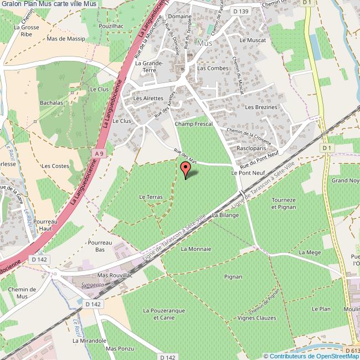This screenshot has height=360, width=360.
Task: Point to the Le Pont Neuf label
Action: [x=245, y=173]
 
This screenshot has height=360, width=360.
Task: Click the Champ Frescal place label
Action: [x=194, y=125]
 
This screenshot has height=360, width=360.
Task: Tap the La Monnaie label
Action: [x=196, y=249]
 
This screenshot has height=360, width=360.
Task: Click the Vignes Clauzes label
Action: [x=256, y=318]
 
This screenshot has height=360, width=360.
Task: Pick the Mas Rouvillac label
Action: [x=115, y=275]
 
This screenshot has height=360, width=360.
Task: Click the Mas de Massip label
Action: [x=66, y=39]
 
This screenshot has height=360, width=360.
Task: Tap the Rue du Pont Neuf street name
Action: [x=259, y=162]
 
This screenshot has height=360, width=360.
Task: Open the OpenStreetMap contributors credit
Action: [x=311, y=356]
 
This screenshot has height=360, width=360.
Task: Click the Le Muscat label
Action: [x=253, y=40]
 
